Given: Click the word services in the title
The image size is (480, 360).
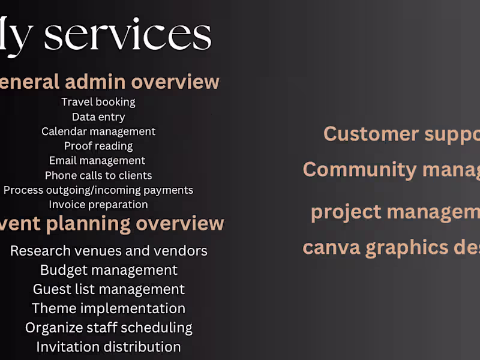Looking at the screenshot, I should coord(128,35).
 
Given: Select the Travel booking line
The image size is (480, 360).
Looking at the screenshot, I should coord(98,102).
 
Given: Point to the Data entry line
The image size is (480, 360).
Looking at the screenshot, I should coord(98,117).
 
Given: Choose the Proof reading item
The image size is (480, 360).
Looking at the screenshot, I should coord(98,146).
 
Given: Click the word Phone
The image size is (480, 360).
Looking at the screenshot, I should coord(61,175).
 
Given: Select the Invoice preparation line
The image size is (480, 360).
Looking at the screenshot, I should coord(98,205).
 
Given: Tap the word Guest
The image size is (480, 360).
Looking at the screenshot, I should coord(52,289).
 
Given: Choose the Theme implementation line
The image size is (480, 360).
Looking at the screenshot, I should coord(109,308).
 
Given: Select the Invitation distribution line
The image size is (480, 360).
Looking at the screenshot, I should coord(109,347).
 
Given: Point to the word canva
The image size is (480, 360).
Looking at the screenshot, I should coord(331,247).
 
